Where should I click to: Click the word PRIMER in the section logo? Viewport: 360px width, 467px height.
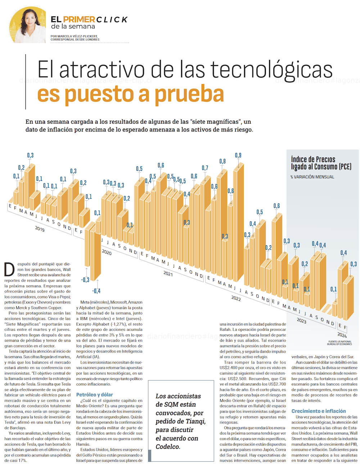79,19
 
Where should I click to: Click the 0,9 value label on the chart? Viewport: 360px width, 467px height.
238,156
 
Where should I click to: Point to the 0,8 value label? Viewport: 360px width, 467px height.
222,162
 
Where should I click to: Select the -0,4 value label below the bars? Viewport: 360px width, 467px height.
96,291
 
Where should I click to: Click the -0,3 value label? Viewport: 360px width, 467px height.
85,280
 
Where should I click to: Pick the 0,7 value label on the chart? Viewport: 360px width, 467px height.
205,168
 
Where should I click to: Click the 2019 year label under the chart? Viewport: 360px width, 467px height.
40,229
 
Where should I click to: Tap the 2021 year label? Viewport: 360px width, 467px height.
168,274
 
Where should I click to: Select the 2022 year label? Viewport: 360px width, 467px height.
236,298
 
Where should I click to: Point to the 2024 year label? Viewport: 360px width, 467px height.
342,336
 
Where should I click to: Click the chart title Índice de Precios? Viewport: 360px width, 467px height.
313,160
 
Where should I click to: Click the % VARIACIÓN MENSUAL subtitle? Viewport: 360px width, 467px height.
312,177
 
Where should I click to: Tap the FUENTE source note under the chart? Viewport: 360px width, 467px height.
339,343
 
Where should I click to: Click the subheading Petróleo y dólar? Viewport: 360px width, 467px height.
94,395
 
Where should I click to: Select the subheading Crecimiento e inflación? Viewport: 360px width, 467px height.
319,411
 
